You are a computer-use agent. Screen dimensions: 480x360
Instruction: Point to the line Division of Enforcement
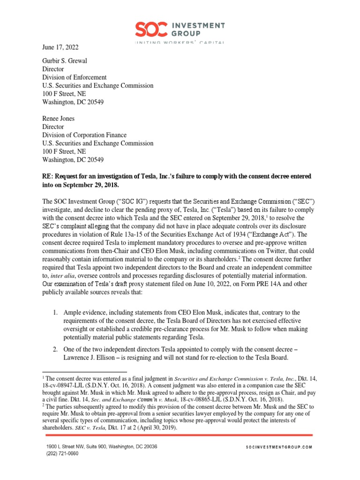[74, 77]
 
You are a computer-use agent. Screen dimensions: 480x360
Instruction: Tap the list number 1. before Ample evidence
[54, 312]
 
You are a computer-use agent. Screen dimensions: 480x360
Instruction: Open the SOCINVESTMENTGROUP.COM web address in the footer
[278, 448]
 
